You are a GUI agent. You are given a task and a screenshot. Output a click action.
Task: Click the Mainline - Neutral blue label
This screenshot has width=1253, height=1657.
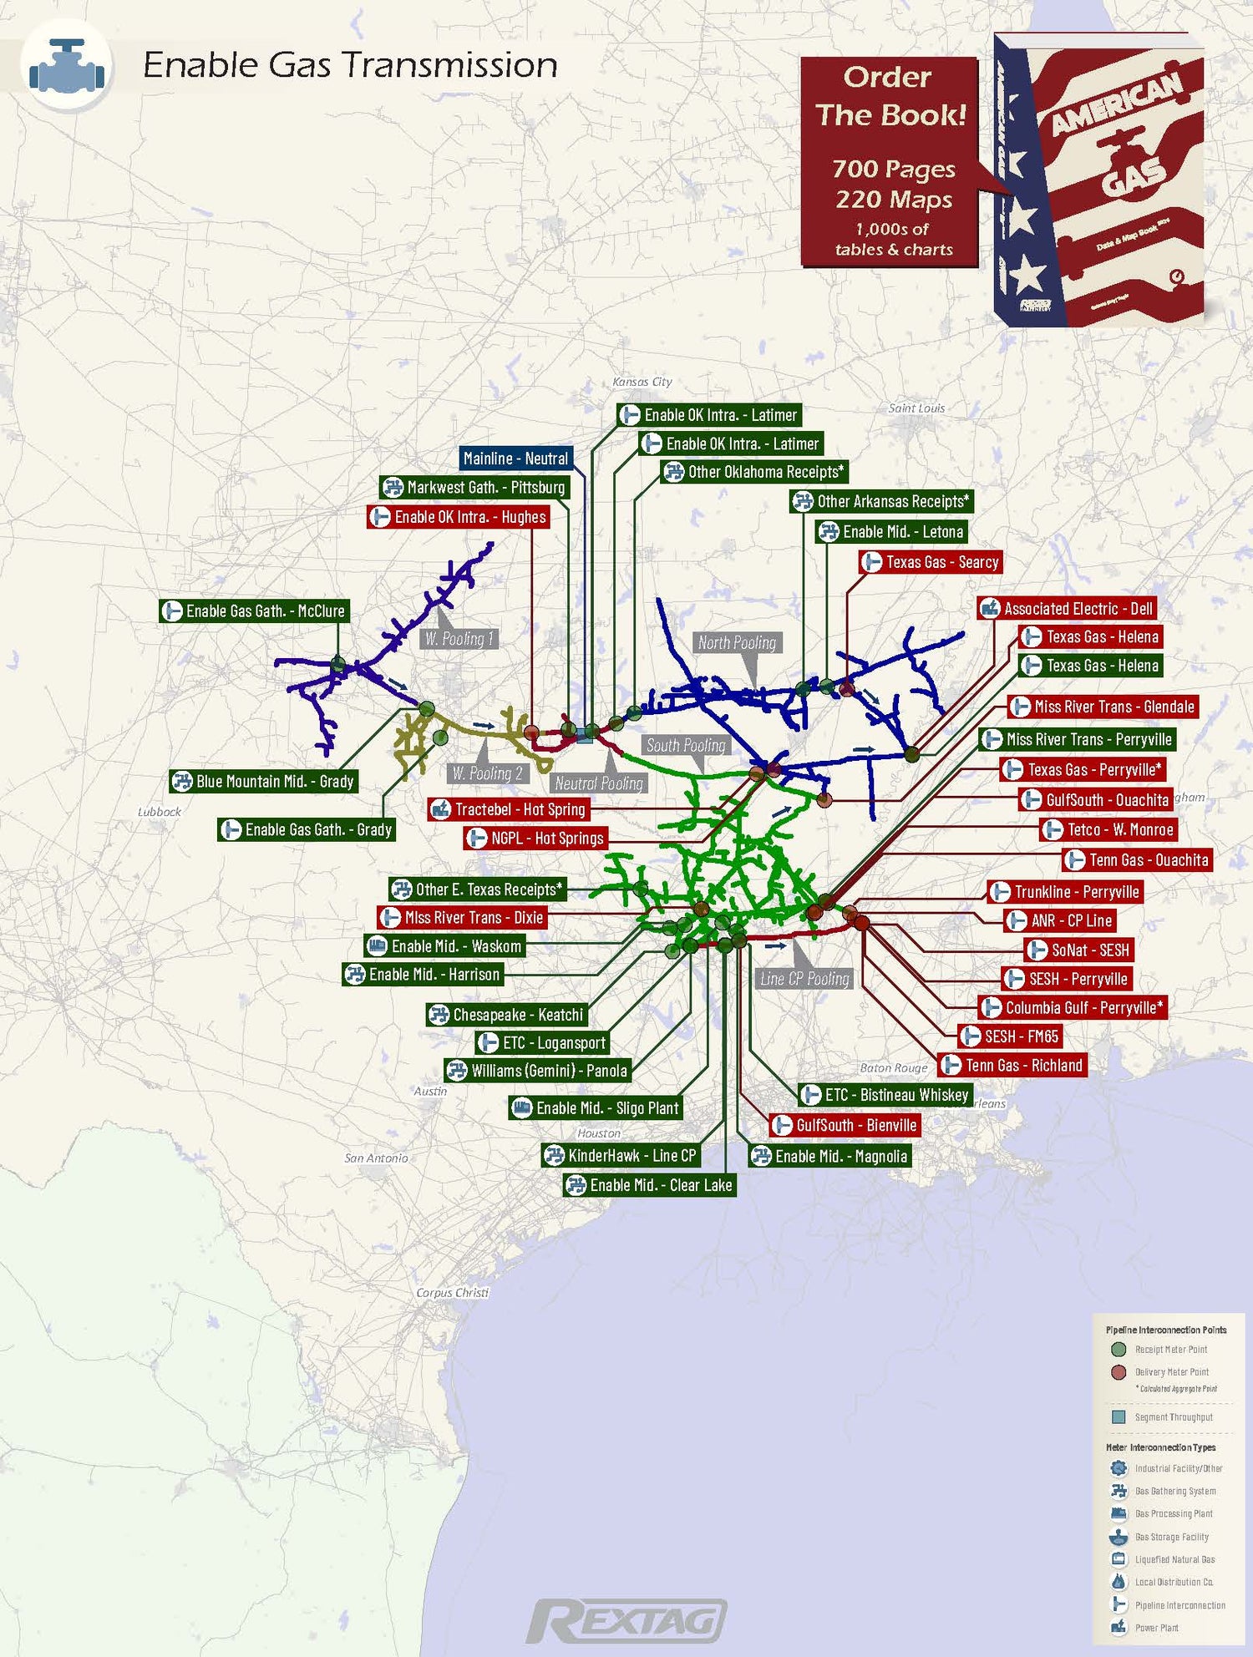[515, 459]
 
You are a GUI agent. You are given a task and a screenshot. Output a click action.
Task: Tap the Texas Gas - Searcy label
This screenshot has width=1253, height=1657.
[931, 562]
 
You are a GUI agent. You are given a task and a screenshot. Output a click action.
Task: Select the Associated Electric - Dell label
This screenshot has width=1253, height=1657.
[1068, 609]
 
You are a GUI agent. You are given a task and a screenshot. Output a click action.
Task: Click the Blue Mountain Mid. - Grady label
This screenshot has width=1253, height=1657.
[264, 782]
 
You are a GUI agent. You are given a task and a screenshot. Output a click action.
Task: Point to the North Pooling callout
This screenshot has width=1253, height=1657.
[738, 642]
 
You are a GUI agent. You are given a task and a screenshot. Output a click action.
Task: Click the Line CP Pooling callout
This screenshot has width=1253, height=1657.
[804, 979]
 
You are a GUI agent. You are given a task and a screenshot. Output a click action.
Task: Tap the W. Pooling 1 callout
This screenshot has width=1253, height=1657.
[459, 639]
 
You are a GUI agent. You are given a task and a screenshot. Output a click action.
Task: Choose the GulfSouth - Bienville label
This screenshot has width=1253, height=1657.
[845, 1125]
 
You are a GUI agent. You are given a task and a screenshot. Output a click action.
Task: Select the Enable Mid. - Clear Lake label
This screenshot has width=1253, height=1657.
[650, 1185]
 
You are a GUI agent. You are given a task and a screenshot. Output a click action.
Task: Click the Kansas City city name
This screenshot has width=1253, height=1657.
[642, 382]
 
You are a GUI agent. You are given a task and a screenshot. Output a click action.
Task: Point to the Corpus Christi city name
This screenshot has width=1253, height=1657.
[452, 1292]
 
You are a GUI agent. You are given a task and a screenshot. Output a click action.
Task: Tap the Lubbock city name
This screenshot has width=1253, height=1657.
[159, 811]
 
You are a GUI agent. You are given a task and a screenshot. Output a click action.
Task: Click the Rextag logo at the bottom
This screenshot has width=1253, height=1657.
[626, 1620]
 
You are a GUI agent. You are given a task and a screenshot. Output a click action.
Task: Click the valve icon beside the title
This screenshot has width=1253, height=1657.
[67, 66]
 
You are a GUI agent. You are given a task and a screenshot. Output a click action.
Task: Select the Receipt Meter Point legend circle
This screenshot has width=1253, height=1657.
[1119, 1349]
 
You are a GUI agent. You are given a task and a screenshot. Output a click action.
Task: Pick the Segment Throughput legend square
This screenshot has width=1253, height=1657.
[1119, 1416]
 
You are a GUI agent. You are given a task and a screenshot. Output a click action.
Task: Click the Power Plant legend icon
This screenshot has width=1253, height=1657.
[1119, 1627]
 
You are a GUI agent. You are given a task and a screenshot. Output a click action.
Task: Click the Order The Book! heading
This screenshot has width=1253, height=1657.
[890, 96]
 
